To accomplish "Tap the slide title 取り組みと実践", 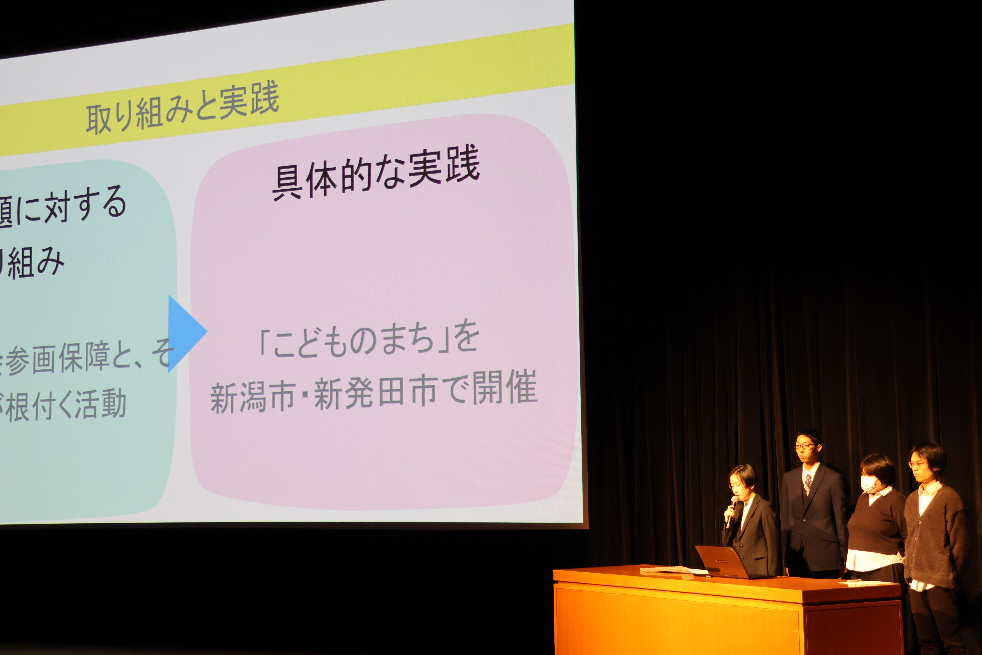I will tap(182, 108).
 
